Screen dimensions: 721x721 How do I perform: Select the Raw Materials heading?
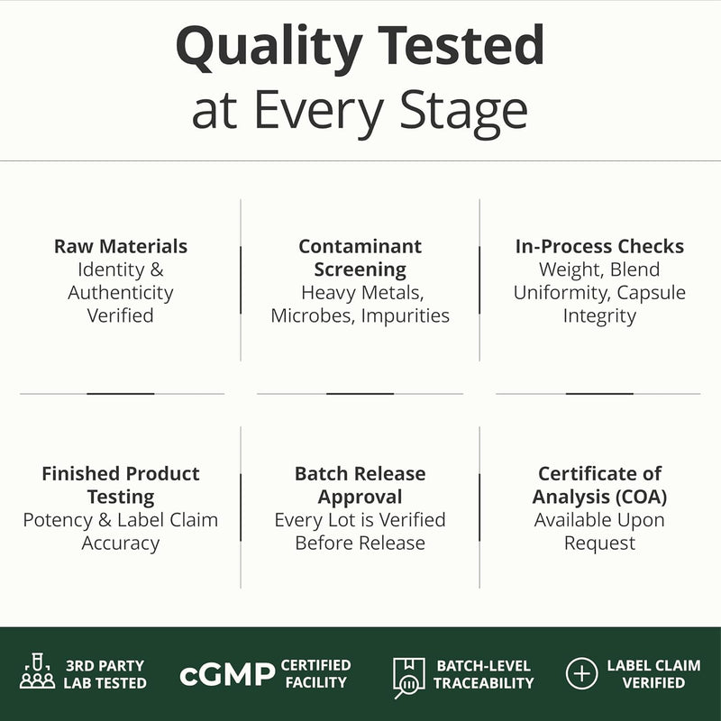[x=121, y=246]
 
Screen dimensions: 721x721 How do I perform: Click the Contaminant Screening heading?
[x=360, y=258]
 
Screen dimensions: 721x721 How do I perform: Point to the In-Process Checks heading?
[x=599, y=246]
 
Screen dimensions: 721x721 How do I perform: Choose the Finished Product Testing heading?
[x=121, y=485]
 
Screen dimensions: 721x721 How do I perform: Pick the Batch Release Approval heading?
[x=360, y=485]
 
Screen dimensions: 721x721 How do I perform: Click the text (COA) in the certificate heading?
[x=642, y=497]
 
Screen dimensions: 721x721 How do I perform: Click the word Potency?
[x=58, y=521]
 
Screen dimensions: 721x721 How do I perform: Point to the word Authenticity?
[x=121, y=293]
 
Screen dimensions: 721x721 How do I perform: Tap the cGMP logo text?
[x=227, y=674]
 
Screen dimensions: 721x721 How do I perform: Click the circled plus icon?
[x=581, y=673]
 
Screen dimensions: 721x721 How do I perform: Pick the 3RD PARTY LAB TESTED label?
[x=105, y=674]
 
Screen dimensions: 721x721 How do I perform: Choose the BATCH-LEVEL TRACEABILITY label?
[x=484, y=674]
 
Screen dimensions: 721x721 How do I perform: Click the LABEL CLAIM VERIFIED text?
[x=653, y=674]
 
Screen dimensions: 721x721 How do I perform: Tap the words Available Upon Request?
[x=599, y=532]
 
